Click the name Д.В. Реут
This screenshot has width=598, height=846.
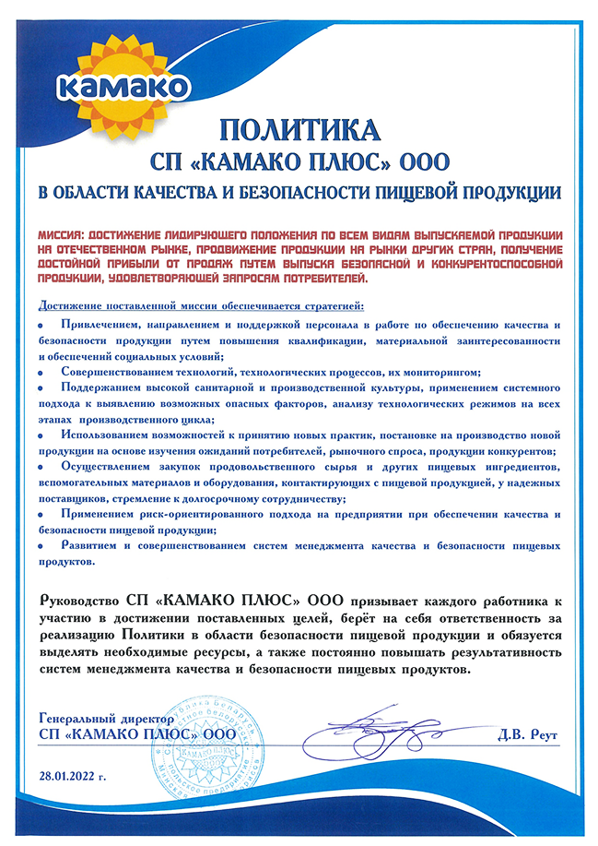527,734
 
